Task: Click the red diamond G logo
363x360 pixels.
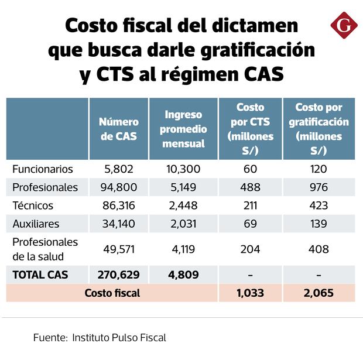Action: tap(344, 26)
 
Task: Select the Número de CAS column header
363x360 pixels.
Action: tap(118, 129)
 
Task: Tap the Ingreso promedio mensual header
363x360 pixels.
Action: tap(183, 129)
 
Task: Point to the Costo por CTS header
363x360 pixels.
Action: tap(250, 129)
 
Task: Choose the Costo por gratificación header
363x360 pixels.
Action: tap(319, 129)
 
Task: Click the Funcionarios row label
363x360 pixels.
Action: tap(43, 169)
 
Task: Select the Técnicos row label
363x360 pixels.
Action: tap(33, 205)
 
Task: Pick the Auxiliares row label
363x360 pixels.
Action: tap(36, 224)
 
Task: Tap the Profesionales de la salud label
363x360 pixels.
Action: tap(45, 249)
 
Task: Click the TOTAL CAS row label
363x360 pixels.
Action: tap(40, 274)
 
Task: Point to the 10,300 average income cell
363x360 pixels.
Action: tap(183, 169)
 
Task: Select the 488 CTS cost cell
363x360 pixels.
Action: tap(250, 187)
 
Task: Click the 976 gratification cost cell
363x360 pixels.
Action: tap(319, 187)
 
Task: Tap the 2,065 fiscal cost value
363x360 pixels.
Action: tap(319, 293)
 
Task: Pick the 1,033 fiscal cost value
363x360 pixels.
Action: tap(250, 293)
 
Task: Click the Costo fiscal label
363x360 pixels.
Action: tap(112, 293)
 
